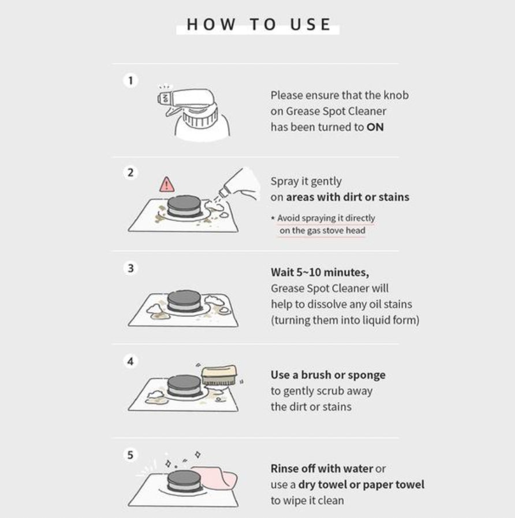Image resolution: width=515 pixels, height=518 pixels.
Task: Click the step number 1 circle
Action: [x=130, y=80]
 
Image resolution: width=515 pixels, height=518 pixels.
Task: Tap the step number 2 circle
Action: [x=130, y=172]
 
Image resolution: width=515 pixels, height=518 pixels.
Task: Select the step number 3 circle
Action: [x=130, y=268]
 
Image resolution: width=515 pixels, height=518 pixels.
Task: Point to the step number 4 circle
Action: [x=130, y=361]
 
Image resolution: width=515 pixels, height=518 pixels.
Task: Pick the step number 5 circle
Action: [x=130, y=455]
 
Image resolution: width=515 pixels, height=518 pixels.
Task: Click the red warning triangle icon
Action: [x=167, y=185]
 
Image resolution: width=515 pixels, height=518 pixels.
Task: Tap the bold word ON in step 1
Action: [x=375, y=127]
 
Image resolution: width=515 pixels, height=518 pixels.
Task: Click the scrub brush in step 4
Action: [x=219, y=375]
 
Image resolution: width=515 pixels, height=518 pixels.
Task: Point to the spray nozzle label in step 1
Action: [x=165, y=98]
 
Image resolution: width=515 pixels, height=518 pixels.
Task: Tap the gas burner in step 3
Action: [x=184, y=301]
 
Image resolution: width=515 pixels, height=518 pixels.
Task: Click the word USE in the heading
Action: [x=310, y=24]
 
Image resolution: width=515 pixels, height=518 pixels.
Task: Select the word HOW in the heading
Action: [x=211, y=24]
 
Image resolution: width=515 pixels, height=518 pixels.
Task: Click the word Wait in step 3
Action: [x=282, y=272]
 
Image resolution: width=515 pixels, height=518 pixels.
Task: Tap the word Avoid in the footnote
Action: [x=288, y=218]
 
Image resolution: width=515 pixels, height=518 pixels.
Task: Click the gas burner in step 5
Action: [x=184, y=481]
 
